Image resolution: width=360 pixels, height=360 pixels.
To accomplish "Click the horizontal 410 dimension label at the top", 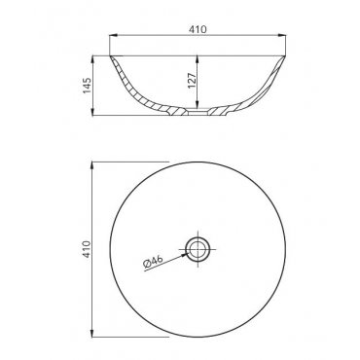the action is click(x=198, y=29).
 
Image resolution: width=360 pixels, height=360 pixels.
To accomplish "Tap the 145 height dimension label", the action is click(x=87, y=86).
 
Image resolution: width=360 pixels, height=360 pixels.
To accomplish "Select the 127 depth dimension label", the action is click(x=192, y=81).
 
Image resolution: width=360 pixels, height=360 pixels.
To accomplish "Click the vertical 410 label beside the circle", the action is click(x=87, y=249).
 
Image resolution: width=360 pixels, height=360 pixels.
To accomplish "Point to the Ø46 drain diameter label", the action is click(x=153, y=261).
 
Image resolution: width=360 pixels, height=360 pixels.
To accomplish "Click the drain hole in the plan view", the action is click(x=198, y=249).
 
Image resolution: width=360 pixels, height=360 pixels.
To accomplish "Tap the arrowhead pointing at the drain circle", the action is click(x=185, y=254).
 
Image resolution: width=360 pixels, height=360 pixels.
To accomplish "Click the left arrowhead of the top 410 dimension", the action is click(x=113, y=35).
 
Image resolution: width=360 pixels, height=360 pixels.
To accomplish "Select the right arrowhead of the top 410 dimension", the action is click(x=282, y=35).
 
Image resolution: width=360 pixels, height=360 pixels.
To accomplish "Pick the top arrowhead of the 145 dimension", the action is click(x=93, y=59).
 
